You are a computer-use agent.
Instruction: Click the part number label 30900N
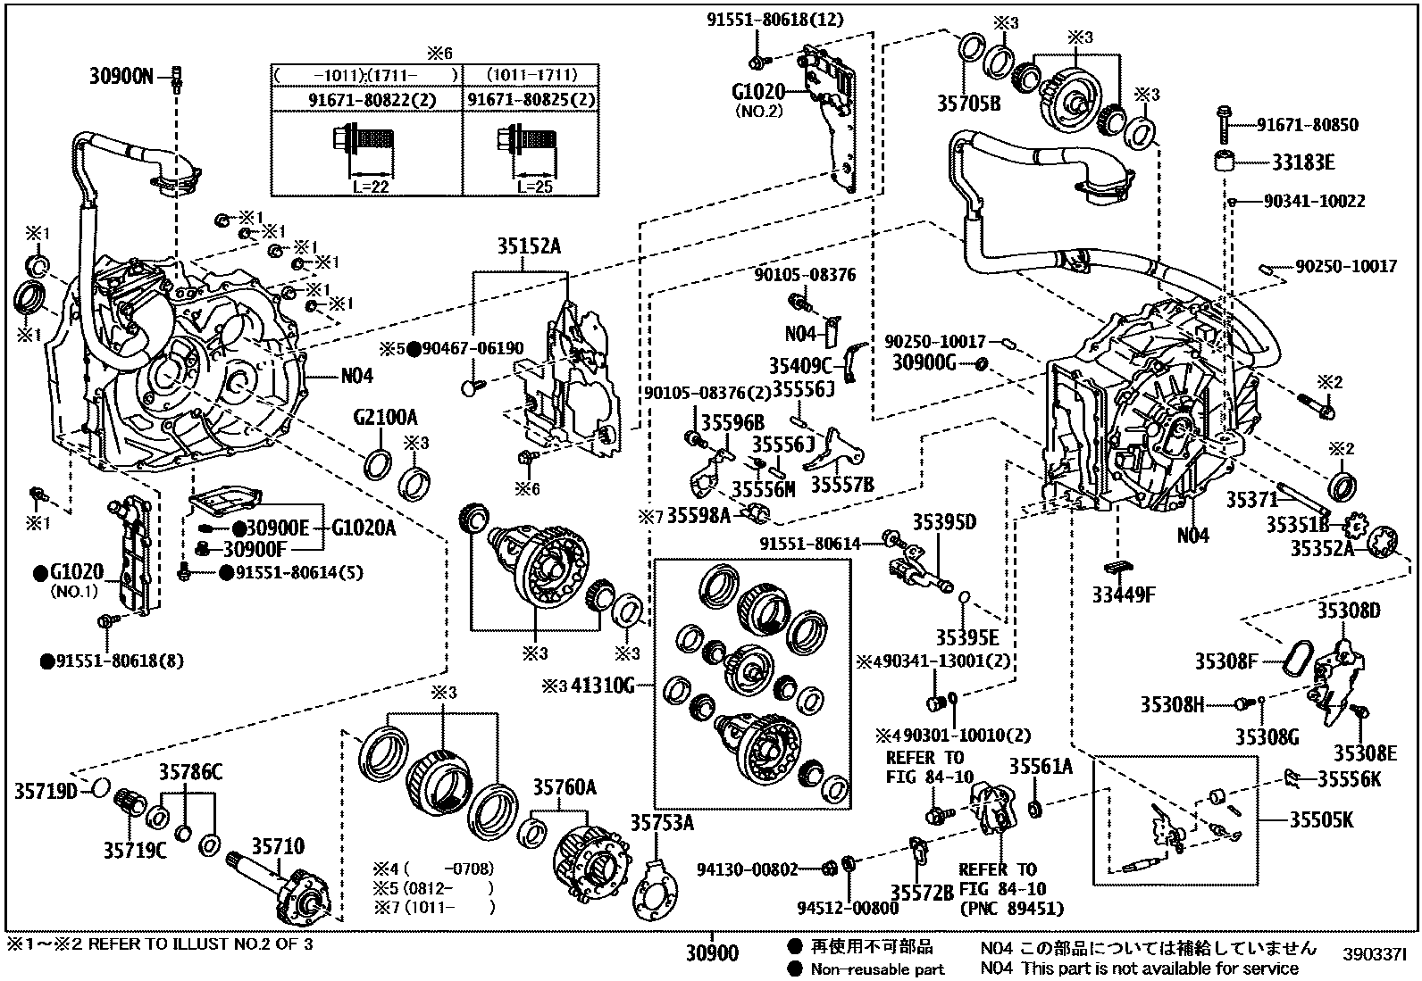[x=121, y=77]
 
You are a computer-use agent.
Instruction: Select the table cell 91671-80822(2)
[x=367, y=99]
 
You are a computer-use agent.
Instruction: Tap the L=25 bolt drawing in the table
[x=527, y=141]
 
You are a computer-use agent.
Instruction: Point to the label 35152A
[x=530, y=248]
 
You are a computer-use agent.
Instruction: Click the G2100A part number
[x=385, y=417]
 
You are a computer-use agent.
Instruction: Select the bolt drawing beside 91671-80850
[x=1223, y=123]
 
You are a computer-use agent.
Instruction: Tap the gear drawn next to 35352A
[x=1384, y=543]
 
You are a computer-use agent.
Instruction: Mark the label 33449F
[x=1124, y=594]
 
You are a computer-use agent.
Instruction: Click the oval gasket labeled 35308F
[x=1291, y=661]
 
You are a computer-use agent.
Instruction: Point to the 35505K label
[x=1320, y=819]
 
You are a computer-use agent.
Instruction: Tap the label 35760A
[x=565, y=787]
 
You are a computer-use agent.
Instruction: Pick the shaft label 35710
[x=277, y=847]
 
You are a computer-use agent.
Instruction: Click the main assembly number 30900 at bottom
[x=712, y=953]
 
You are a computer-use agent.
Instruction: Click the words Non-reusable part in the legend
[x=877, y=969]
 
